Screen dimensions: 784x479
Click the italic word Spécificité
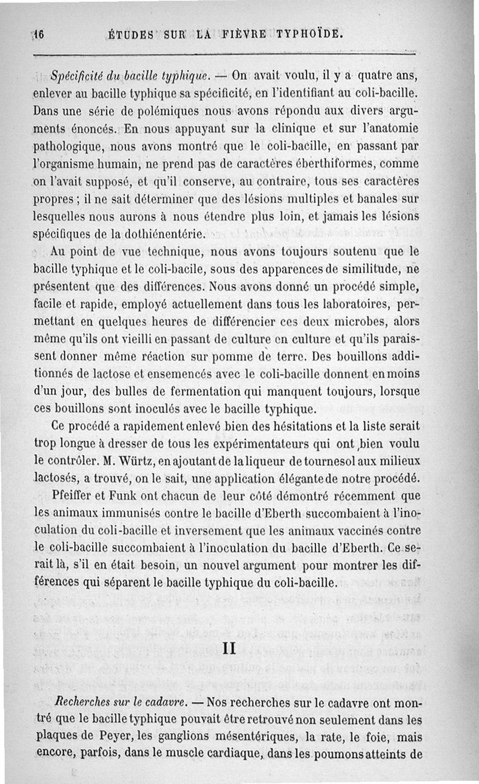click(76, 76)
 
